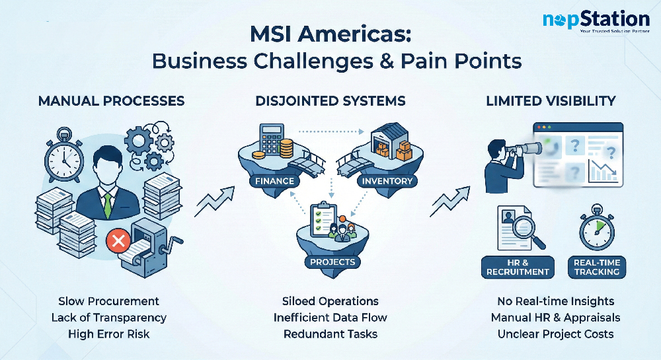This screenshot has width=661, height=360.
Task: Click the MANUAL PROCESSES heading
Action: pos(111,101)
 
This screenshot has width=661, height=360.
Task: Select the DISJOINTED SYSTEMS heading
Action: pos(330,101)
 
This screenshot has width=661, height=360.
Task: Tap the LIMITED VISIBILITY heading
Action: pos(551,101)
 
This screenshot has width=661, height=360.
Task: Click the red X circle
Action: pos(118,242)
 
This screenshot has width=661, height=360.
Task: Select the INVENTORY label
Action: pos(387,180)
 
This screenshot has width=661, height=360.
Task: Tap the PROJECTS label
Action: pos(332,262)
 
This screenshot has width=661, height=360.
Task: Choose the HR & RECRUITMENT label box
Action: pos(518,267)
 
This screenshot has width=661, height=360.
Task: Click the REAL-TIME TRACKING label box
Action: pos(596,267)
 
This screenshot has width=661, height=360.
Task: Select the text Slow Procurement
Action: pos(108,301)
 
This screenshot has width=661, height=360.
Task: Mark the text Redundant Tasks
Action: pos(330,334)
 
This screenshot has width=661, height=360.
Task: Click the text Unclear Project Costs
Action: pos(555,334)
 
